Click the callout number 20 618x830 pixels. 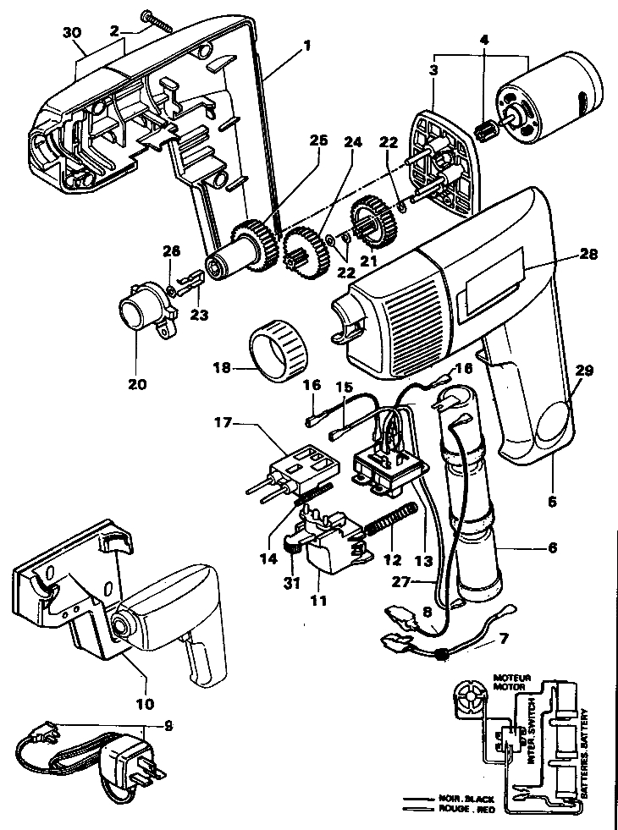[136, 384]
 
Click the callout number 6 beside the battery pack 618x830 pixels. [552, 547]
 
